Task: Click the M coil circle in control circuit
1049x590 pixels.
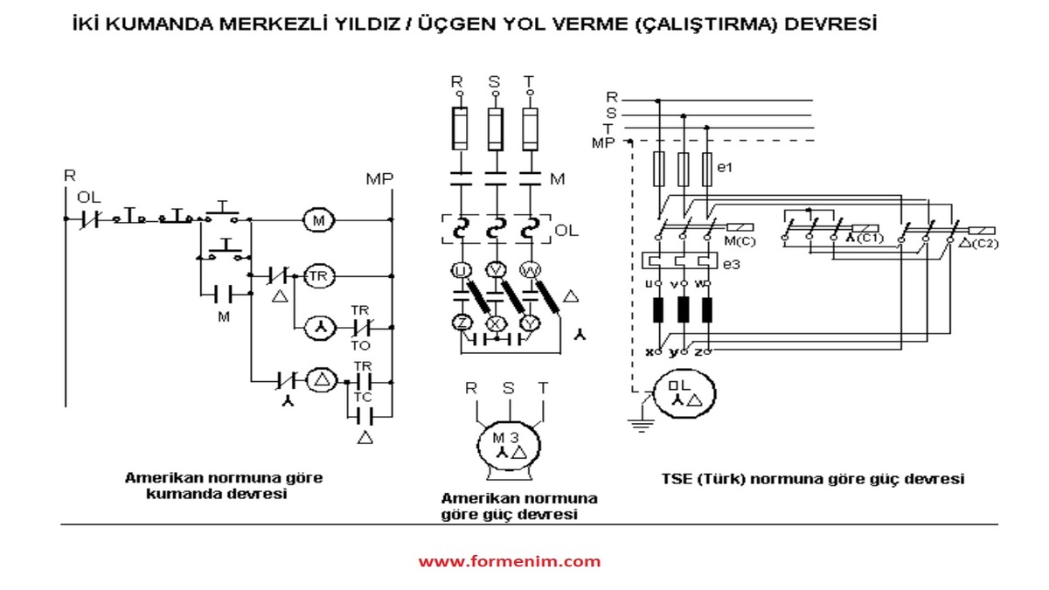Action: [x=318, y=221]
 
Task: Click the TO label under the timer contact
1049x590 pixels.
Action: [x=361, y=345]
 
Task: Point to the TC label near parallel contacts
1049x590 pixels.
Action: [x=363, y=396]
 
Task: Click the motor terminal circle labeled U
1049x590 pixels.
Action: [x=461, y=270]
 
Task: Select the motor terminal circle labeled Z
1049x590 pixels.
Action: [x=461, y=323]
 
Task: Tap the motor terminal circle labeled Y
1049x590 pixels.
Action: [x=527, y=323]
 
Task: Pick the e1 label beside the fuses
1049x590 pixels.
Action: [x=724, y=165]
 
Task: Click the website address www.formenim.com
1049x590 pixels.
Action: [x=509, y=561]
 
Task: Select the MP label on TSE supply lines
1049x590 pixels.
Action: [x=604, y=142]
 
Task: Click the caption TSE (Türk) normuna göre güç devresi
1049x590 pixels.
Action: [x=813, y=479]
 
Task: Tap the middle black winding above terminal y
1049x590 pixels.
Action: [x=684, y=311]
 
